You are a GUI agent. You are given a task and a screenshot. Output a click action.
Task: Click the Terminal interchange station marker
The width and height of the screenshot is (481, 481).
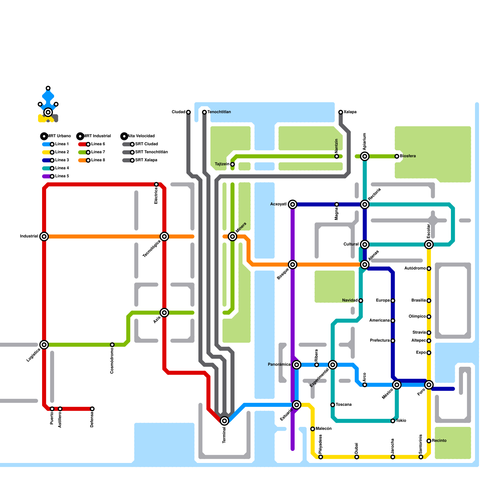click(224, 421)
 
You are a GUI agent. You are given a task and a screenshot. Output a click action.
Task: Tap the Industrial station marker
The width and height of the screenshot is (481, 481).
click(44, 236)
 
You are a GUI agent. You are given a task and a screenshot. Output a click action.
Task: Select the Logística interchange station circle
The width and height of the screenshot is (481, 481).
click(44, 345)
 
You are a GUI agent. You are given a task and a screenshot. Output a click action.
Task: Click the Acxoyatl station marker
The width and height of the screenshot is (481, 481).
click(293, 204)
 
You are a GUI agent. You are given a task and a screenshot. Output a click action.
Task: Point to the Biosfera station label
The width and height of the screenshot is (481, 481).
click(408, 156)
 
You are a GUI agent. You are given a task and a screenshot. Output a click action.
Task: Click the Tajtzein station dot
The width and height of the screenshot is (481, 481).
click(232, 164)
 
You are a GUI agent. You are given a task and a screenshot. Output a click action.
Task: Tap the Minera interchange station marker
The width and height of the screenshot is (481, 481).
click(232, 236)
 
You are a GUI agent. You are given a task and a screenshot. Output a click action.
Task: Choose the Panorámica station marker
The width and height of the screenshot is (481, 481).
click(297, 365)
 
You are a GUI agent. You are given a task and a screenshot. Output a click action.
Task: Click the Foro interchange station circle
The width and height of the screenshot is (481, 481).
click(429, 384)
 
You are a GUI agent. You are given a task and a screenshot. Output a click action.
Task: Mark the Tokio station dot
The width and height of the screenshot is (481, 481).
click(393, 421)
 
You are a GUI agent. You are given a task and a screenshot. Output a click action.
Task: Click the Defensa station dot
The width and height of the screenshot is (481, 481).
click(92, 409)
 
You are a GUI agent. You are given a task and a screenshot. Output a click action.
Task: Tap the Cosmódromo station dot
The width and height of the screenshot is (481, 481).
click(112, 345)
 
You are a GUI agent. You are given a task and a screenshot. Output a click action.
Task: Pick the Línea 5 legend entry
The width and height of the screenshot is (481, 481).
click(62, 176)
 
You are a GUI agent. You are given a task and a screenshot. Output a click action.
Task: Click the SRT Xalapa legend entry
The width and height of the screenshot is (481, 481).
click(146, 160)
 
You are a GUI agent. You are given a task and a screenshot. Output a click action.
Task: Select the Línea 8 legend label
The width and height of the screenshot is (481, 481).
click(98, 160)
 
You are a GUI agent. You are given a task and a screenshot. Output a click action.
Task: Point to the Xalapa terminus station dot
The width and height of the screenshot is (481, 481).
click(341, 112)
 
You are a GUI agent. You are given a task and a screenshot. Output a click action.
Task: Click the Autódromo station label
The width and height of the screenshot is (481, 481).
click(415, 268)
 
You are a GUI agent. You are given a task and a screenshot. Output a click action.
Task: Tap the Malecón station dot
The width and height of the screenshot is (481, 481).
click(313, 429)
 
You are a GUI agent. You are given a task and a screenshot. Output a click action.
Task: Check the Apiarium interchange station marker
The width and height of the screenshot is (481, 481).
click(365, 156)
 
